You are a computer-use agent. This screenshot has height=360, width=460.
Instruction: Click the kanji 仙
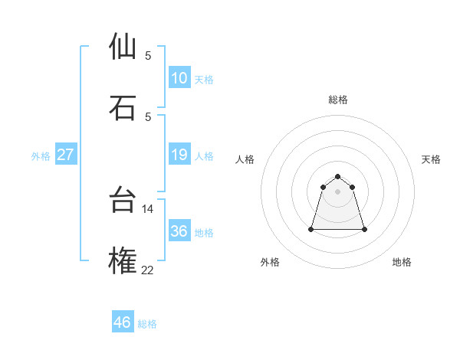[x=123, y=46]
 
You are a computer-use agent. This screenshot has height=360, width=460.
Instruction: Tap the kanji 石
[x=123, y=107]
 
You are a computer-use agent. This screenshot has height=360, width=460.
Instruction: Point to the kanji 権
[x=123, y=260]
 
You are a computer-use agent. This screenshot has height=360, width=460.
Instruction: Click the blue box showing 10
[x=179, y=78]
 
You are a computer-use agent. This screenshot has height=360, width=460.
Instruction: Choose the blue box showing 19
[x=179, y=155]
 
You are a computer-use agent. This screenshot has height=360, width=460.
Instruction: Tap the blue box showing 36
[x=179, y=231]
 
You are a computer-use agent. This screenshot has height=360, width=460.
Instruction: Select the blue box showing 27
[x=66, y=155]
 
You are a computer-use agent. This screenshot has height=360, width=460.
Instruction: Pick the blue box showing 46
[x=123, y=322]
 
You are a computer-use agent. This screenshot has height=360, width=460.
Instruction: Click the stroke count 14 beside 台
[x=148, y=208]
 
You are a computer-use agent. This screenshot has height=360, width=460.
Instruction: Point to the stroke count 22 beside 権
[x=148, y=270]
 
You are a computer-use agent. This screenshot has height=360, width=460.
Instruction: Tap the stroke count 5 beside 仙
[x=148, y=55]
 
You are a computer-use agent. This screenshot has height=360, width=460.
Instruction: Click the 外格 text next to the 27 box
[x=41, y=155]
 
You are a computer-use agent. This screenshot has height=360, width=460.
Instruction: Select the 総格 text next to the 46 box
[x=147, y=323]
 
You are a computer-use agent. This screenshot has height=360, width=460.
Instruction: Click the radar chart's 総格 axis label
[x=337, y=100]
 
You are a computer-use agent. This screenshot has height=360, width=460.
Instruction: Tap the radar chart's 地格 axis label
[x=402, y=263]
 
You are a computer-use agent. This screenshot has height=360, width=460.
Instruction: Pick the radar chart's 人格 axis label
[x=245, y=159]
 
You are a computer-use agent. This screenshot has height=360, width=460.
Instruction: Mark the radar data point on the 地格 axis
[x=364, y=229]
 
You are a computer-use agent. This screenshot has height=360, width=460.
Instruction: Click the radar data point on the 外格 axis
[x=311, y=229]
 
